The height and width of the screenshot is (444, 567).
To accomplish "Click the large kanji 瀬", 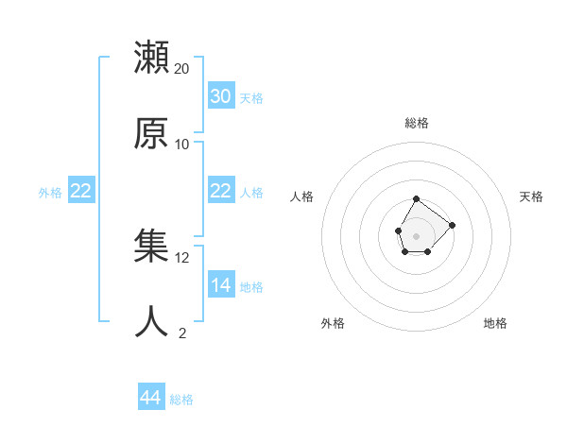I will click(152, 58).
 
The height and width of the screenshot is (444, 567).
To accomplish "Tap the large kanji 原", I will click(152, 133).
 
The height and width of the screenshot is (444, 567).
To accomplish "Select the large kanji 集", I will click(152, 247).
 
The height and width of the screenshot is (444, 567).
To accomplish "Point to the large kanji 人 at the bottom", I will click(152, 321).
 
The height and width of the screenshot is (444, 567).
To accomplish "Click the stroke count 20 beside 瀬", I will click(182, 68).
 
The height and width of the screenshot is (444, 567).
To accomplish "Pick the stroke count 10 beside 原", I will click(182, 144).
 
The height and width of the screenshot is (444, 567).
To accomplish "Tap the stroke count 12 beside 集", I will click(182, 257).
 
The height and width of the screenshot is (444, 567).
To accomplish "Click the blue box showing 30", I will click(220, 96).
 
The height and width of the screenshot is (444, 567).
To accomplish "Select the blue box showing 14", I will click(220, 285).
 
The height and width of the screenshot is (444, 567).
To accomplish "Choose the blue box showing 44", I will click(150, 399).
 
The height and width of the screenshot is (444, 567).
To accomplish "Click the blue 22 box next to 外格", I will click(80, 191).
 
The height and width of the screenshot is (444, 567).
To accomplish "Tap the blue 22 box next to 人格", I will click(220, 191).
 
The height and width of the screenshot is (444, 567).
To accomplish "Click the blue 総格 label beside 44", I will click(181, 400).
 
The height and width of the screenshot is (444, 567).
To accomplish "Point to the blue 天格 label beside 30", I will click(251, 97).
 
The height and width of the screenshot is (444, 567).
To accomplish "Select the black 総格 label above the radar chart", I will click(417, 123).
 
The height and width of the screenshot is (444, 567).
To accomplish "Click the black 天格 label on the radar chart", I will click(531, 196).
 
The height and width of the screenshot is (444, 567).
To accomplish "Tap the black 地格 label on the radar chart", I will click(495, 323).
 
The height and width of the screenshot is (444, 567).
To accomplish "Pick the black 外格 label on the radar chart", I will click(333, 323).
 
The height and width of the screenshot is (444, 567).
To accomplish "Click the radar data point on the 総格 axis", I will click(416, 199).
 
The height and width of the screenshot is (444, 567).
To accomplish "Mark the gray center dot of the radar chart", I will click(416, 234).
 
